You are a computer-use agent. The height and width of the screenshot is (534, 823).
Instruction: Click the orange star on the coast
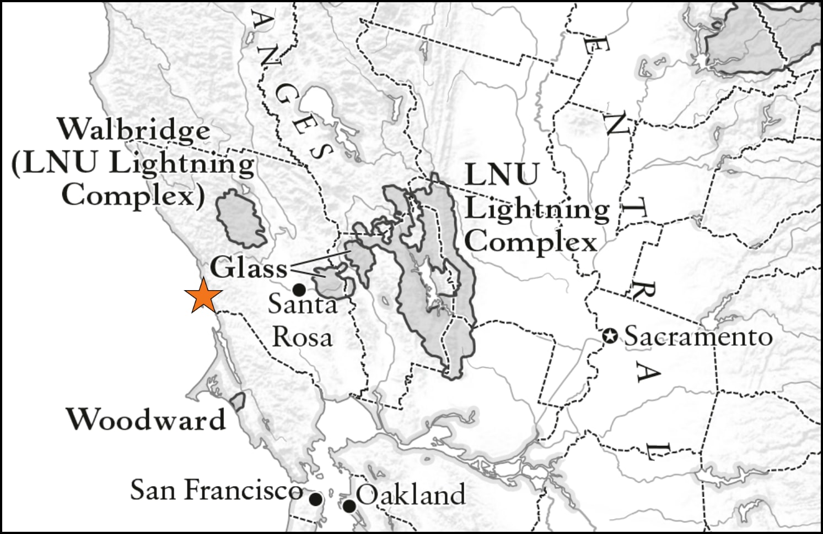(x=204, y=296)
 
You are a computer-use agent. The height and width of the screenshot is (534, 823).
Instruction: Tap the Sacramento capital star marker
(x=609, y=336)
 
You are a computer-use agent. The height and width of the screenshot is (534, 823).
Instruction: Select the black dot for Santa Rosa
(x=299, y=289)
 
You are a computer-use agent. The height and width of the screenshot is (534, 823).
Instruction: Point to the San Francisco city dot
(x=315, y=499)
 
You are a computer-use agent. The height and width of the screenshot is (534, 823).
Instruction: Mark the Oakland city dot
(x=349, y=505)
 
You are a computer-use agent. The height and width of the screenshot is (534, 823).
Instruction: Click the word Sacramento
(x=698, y=337)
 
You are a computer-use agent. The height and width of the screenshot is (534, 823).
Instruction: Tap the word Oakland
(x=411, y=494)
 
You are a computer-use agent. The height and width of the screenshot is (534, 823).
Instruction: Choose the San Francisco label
(x=216, y=489)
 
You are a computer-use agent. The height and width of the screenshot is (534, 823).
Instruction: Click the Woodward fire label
(x=146, y=419)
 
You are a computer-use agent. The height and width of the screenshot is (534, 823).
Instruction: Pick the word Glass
(x=249, y=268)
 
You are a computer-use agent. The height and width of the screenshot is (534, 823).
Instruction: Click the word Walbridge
(x=134, y=130)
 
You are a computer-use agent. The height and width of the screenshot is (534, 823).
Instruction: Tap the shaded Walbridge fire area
(x=241, y=219)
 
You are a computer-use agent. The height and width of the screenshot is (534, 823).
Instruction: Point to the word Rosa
(x=302, y=337)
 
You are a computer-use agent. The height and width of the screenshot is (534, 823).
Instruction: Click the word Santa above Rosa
(x=302, y=304)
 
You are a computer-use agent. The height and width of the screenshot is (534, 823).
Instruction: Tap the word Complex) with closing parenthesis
(x=133, y=195)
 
